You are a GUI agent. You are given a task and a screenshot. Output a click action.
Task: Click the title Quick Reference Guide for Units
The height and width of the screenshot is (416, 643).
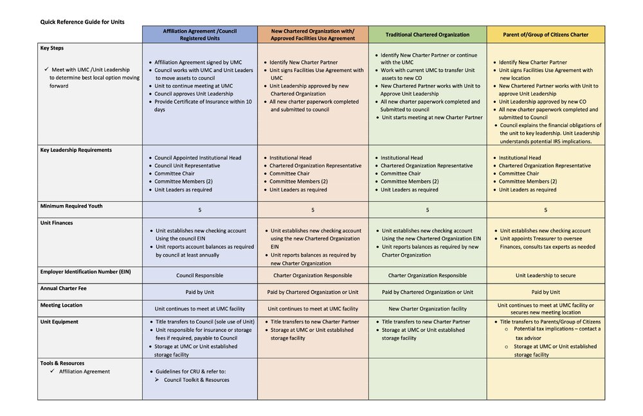(82, 22)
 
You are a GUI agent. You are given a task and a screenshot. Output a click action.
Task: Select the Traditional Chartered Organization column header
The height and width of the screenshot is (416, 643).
(427, 35)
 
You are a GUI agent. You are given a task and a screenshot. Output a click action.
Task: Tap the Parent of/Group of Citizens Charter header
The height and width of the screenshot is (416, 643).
(545, 35)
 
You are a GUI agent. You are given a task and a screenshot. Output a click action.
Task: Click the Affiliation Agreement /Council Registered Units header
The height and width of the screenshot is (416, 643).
(199, 35)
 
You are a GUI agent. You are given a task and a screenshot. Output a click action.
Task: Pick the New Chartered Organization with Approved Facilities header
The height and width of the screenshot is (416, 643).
(313, 35)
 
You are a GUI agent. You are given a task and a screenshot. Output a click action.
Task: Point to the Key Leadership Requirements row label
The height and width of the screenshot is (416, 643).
(76, 150)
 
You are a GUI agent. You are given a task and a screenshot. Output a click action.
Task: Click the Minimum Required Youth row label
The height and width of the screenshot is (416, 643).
(71, 206)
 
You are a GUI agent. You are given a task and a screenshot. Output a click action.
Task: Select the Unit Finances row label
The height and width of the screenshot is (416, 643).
(57, 222)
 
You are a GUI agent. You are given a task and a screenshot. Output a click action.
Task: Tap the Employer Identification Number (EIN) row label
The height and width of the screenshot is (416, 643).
(86, 271)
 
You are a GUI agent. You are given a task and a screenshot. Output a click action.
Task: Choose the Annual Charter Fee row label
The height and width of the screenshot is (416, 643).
(64, 288)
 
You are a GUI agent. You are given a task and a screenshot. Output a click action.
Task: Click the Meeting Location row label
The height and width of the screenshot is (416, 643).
(62, 305)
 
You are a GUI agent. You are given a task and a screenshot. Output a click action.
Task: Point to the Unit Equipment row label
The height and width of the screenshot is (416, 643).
(59, 321)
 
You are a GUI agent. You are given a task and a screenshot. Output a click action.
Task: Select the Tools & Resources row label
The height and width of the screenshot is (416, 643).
(62, 363)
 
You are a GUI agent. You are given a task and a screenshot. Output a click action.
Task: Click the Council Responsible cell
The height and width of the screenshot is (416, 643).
(199, 275)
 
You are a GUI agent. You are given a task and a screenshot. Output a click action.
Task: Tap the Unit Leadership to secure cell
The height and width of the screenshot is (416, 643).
(545, 275)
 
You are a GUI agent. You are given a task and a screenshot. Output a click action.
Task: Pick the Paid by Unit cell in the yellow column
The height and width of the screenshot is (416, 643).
(545, 292)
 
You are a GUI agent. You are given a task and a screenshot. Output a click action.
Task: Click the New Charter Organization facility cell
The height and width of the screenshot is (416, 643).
(427, 309)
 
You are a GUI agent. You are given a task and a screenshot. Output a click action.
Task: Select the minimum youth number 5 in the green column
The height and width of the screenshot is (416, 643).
(427, 210)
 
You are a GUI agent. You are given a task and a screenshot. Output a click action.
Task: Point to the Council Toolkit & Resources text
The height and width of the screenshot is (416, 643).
(196, 379)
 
